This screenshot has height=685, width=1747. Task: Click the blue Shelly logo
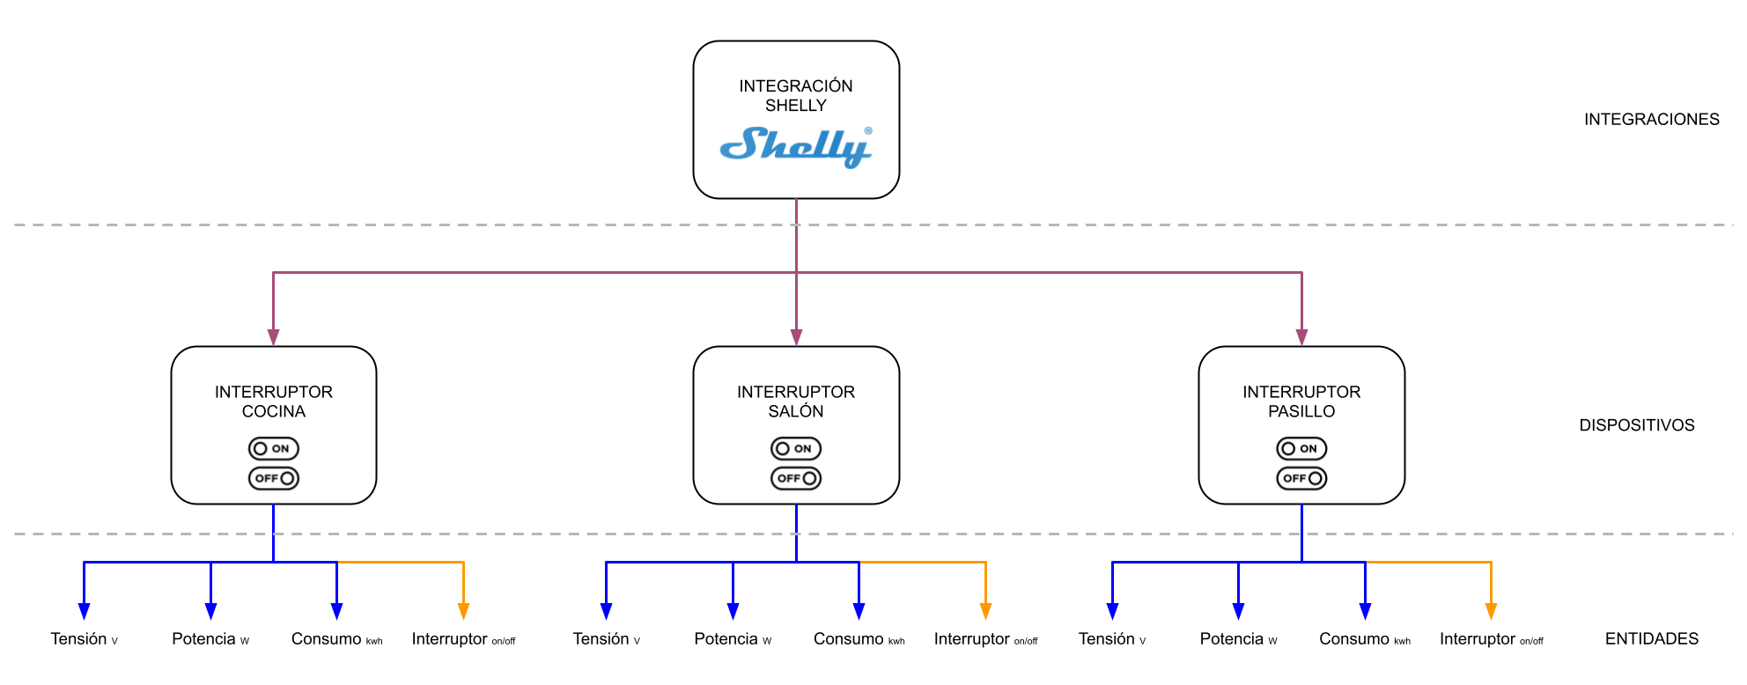tap(796, 146)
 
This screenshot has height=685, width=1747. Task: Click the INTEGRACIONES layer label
tap(1651, 119)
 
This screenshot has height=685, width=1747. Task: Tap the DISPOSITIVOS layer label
tap(1636, 425)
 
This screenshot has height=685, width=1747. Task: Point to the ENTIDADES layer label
tap(1651, 639)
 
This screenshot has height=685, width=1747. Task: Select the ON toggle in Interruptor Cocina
tap(274, 449)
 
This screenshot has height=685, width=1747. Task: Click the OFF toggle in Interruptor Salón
tap(796, 478)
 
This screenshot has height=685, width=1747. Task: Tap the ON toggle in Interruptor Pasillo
tap(1301, 449)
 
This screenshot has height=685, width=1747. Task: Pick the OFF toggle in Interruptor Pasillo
tap(1301, 478)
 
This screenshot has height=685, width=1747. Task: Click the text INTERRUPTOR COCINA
tap(274, 401)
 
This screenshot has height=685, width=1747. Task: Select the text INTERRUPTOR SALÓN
tap(796, 401)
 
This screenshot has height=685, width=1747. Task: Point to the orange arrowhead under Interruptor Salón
tap(985, 611)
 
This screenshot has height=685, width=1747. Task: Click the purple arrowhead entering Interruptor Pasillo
tap(1301, 337)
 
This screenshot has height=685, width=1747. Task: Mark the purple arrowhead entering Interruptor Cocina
tap(274, 337)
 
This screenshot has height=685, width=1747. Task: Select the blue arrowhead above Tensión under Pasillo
tap(1112, 611)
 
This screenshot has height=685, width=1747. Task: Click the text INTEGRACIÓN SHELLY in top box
tap(796, 95)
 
